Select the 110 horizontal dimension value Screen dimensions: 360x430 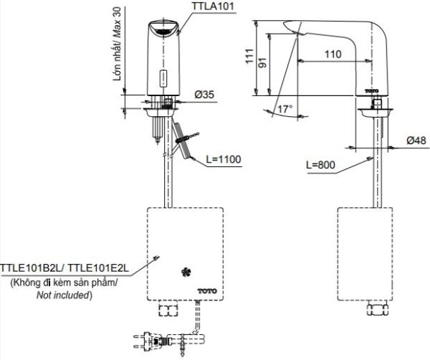(x=331, y=54)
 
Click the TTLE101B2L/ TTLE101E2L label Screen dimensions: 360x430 (x=64, y=267)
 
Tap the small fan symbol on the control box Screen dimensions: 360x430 (x=185, y=271)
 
